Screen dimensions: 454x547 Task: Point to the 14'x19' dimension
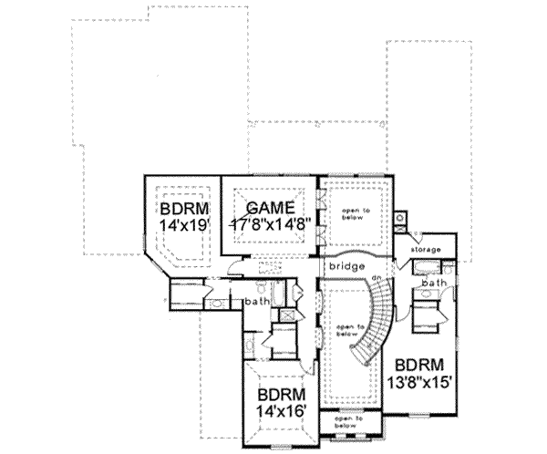tap(181, 222)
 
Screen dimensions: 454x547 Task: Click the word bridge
tap(348, 265)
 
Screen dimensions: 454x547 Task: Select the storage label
tap(426, 250)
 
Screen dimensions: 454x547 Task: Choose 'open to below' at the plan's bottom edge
tap(343, 422)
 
